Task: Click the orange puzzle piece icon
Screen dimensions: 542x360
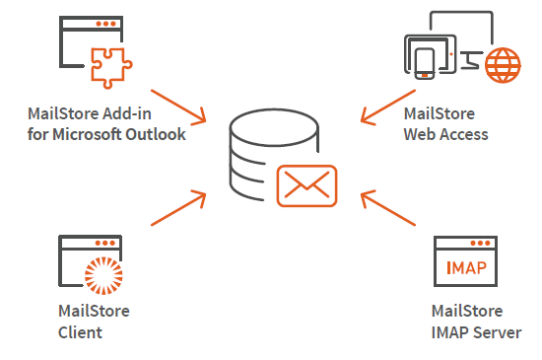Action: (111, 67)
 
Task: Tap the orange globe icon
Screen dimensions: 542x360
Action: (503, 65)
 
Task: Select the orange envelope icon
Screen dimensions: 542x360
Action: (306, 186)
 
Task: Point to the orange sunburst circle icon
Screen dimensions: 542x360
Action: (103, 275)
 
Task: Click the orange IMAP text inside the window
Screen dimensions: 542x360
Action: (466, 267)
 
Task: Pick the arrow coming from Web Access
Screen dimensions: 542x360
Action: (388, 107)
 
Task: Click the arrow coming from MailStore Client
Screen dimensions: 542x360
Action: (178, 208)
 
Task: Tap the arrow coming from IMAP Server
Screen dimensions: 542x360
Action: (388, 208)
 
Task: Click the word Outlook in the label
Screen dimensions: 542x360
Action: (156, 134)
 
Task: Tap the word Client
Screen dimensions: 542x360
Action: (80, 332)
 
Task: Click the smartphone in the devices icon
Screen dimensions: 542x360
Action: (425, 64)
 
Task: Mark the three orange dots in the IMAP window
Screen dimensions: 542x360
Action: (481, 243)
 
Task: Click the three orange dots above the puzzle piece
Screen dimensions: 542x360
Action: (105, 24)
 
